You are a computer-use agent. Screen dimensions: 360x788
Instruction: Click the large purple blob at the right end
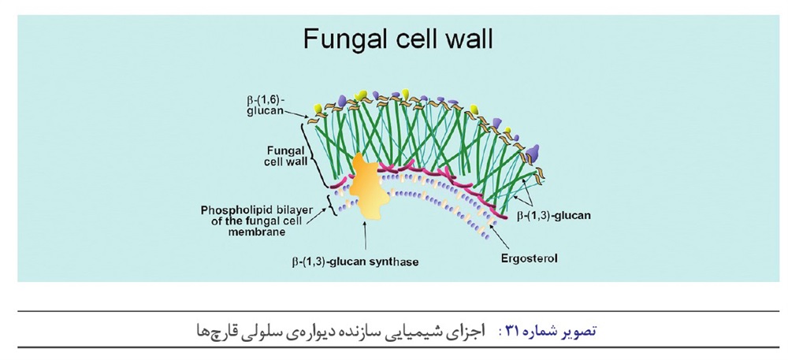click(534, 153)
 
